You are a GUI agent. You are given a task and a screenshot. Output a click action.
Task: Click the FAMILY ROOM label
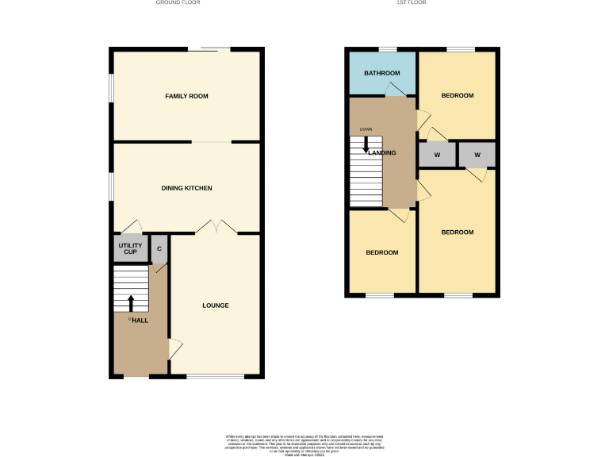point(186,96)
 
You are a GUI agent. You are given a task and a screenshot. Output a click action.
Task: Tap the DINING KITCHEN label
point(186,188)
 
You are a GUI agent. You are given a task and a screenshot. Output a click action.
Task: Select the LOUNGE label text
point(215,305)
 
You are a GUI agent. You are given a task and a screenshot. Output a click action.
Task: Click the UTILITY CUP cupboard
point(131,249)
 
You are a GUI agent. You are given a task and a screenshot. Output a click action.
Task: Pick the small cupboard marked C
point(159,249)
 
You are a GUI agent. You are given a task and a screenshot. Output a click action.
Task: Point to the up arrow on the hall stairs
point(132,302)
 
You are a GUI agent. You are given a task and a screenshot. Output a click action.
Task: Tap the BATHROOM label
point(381,73)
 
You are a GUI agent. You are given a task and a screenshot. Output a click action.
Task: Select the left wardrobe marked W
point(437,154)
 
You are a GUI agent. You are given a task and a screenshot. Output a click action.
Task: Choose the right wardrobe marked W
point(477,154)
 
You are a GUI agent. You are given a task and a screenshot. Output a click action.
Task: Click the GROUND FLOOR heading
point(178,3)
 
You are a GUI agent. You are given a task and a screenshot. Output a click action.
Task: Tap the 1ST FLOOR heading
point(412,3)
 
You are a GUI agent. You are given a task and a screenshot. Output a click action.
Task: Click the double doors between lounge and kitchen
point(216,227)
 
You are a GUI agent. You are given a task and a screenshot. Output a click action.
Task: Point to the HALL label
point(140,320)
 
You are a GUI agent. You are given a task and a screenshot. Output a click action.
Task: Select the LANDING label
point(382,152)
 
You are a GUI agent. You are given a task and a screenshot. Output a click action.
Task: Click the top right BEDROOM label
point(458,95)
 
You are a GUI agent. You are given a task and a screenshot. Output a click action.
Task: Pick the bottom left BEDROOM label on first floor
point(381,252)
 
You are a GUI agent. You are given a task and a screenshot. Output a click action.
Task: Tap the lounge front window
point(215,377)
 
